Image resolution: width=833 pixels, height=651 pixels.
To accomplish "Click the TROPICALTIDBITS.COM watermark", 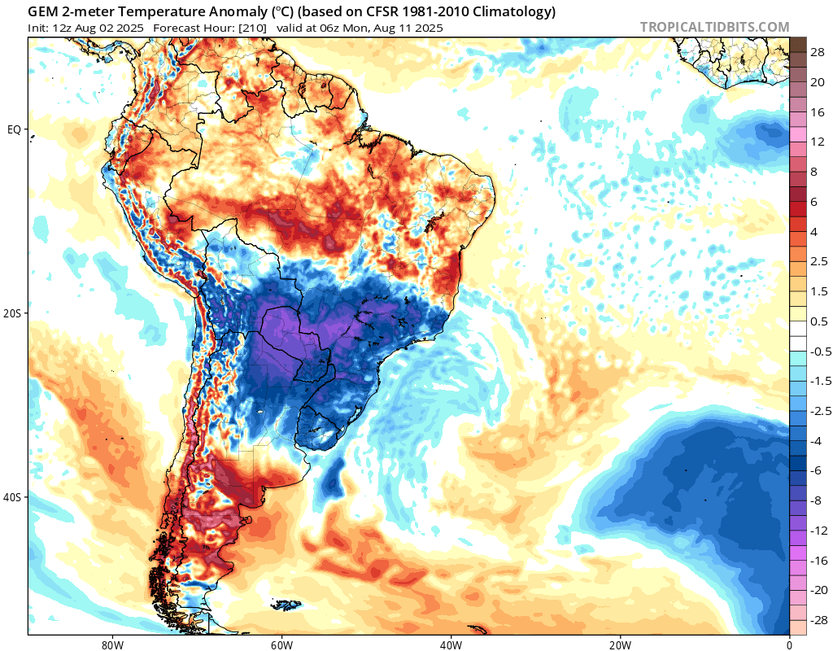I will (x=714, y=27).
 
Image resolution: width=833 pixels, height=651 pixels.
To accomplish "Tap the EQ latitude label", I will (x=14, y=129).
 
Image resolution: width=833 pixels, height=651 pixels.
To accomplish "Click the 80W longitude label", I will (x=112, y=643).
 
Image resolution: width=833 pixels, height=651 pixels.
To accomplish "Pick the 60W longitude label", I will (x=281, y=643).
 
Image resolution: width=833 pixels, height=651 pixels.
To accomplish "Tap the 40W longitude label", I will (x=451, y=643).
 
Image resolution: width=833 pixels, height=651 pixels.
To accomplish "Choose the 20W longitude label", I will (x=620, y=643).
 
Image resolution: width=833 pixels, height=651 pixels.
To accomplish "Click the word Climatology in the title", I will (x=518, y=12).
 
